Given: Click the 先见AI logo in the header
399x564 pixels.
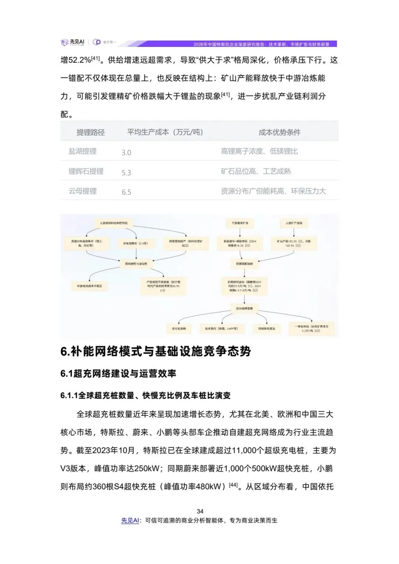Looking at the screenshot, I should click(72, 42).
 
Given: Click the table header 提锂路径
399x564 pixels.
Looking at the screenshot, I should click(91, 132).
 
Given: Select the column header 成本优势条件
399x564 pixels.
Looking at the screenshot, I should click(279, 132).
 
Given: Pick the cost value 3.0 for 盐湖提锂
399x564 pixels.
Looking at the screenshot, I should click(126, 153).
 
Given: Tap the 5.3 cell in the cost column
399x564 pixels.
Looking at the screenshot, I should click(126, 172).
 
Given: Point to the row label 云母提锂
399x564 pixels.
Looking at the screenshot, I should click(83, 191).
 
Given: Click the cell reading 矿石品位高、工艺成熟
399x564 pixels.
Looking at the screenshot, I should click(256, 171).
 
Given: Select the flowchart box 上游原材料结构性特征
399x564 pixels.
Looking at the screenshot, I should click(114, 223).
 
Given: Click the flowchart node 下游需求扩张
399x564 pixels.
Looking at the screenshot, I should click(240, 223).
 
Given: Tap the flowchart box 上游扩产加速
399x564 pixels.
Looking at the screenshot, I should click(294, 223).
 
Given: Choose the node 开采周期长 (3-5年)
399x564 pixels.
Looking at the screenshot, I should click(133, 243).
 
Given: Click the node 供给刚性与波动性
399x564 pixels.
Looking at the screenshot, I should click(136, 264).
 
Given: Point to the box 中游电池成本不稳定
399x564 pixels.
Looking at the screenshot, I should click(89, 286).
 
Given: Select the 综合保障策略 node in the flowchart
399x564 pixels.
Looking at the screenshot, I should click(244, 308).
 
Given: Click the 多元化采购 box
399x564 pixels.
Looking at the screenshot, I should click(179, 328).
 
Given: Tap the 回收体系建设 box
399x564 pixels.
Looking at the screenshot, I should click(266, 328).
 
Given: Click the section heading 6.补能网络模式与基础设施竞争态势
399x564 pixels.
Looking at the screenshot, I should click(156, 351).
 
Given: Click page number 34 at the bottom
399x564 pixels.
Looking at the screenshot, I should click(200, 511).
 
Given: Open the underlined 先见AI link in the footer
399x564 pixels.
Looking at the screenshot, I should click(130, 520).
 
